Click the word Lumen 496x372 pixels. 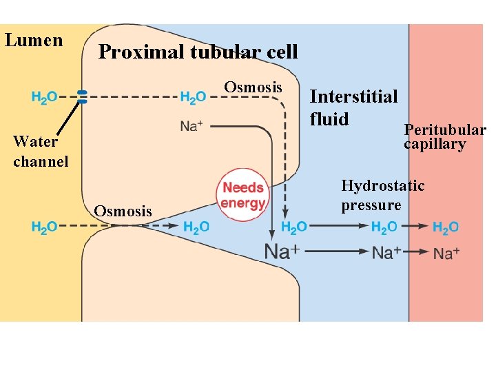(x=34, y=40)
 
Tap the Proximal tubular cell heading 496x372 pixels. (x=198, y=52)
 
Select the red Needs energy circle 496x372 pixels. (x=243, y=195)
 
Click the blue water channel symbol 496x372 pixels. (x=82, y=96)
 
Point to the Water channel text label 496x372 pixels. (x=41, y=152)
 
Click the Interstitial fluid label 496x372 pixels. (x=353, y=107)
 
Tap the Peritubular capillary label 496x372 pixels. (x=444, y=136)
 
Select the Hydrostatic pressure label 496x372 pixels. (x=382, y=195)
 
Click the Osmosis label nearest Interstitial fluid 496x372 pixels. (x=254, y=87)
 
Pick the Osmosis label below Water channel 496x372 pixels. (x=123, y=211)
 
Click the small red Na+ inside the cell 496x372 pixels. (x=192, y=126)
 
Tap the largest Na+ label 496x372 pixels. (x=282, y=251)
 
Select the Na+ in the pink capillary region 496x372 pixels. (x=446, y=253)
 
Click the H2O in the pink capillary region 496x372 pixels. (x=446, y=227)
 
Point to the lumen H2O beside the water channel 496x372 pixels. (x=44, y=97)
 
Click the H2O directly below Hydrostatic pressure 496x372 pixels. (x=384, y=227)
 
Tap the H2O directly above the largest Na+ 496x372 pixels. (x=294, y=227)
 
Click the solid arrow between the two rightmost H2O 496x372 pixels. (x=415, y=225)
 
